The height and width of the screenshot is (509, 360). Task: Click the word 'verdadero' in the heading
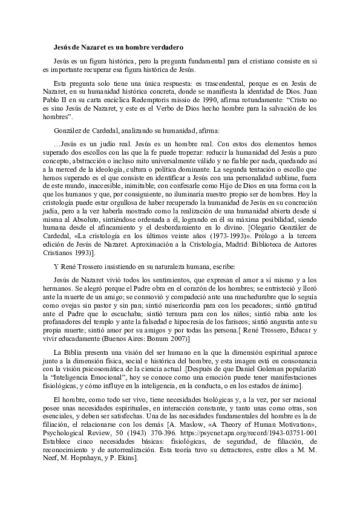[165, 46]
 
